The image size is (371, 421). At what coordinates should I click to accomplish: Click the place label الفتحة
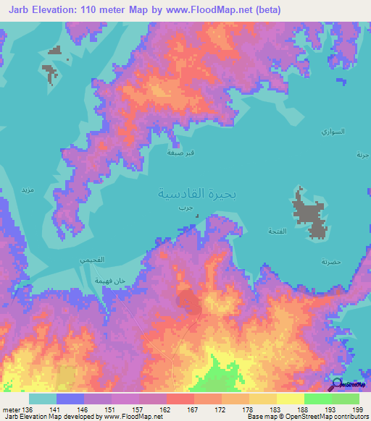(278, 231)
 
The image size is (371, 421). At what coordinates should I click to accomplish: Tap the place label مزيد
(28, 190)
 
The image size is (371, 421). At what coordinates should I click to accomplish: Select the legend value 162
(165, 410)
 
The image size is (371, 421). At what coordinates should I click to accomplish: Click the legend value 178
(248, 410)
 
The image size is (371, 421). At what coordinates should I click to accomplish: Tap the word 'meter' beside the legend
(10, 410)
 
